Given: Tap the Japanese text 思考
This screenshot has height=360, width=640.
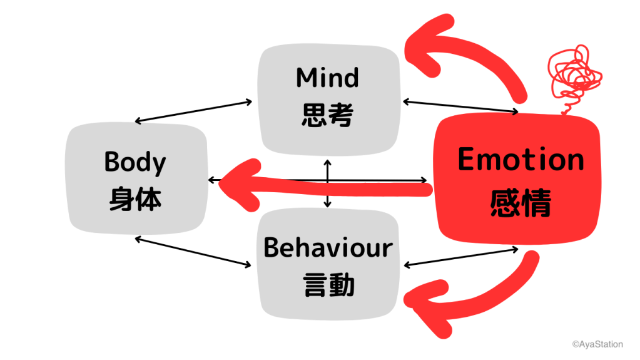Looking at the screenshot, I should pos(328,115).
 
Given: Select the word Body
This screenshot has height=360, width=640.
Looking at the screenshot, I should pos(135,162).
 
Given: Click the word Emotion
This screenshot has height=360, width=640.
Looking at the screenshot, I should pos(521,160).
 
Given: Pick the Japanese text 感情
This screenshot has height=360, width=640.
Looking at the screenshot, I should pos(521,202).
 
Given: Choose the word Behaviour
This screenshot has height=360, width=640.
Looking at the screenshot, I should pos(328,249).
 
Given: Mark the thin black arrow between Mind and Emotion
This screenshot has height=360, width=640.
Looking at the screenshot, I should pos(460,107).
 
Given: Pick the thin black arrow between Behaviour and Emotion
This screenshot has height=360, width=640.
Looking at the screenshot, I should pos(462,257).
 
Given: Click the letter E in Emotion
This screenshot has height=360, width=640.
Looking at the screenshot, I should pos(467,160).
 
